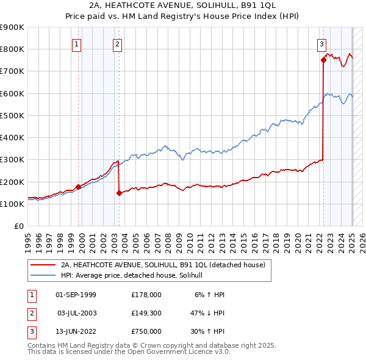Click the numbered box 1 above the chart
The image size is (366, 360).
tap(77, 43)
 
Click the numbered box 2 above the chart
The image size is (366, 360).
tap(117, 43)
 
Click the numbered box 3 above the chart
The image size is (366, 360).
tap(321, 43)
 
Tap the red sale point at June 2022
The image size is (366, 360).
tap(323, 60)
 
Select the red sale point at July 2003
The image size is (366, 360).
tap(119, 193)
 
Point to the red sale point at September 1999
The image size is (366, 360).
tap(78, 187)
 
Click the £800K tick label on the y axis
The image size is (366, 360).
tap(12, 49)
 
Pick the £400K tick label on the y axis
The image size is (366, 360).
tap(12, 138)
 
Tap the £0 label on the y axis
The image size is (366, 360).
tap(18, 226)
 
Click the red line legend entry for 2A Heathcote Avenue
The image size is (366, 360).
tap(163, 265)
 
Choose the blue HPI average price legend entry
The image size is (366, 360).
tap(135, 276)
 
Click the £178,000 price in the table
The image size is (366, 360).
tap(146, 295)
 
